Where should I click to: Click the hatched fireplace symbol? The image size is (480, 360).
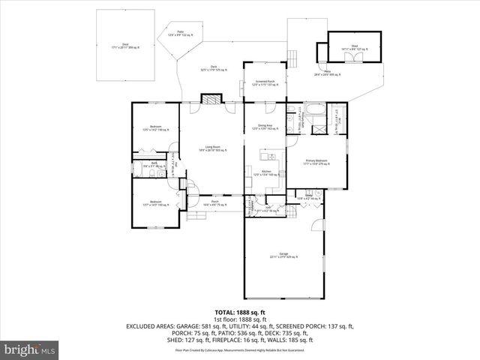(212, 99)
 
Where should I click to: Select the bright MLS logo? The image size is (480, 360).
(29, 349)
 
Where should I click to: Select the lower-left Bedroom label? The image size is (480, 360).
(155, 202)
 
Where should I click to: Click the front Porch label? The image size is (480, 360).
(214, 202)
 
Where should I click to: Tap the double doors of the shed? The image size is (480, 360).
(322, 53)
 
